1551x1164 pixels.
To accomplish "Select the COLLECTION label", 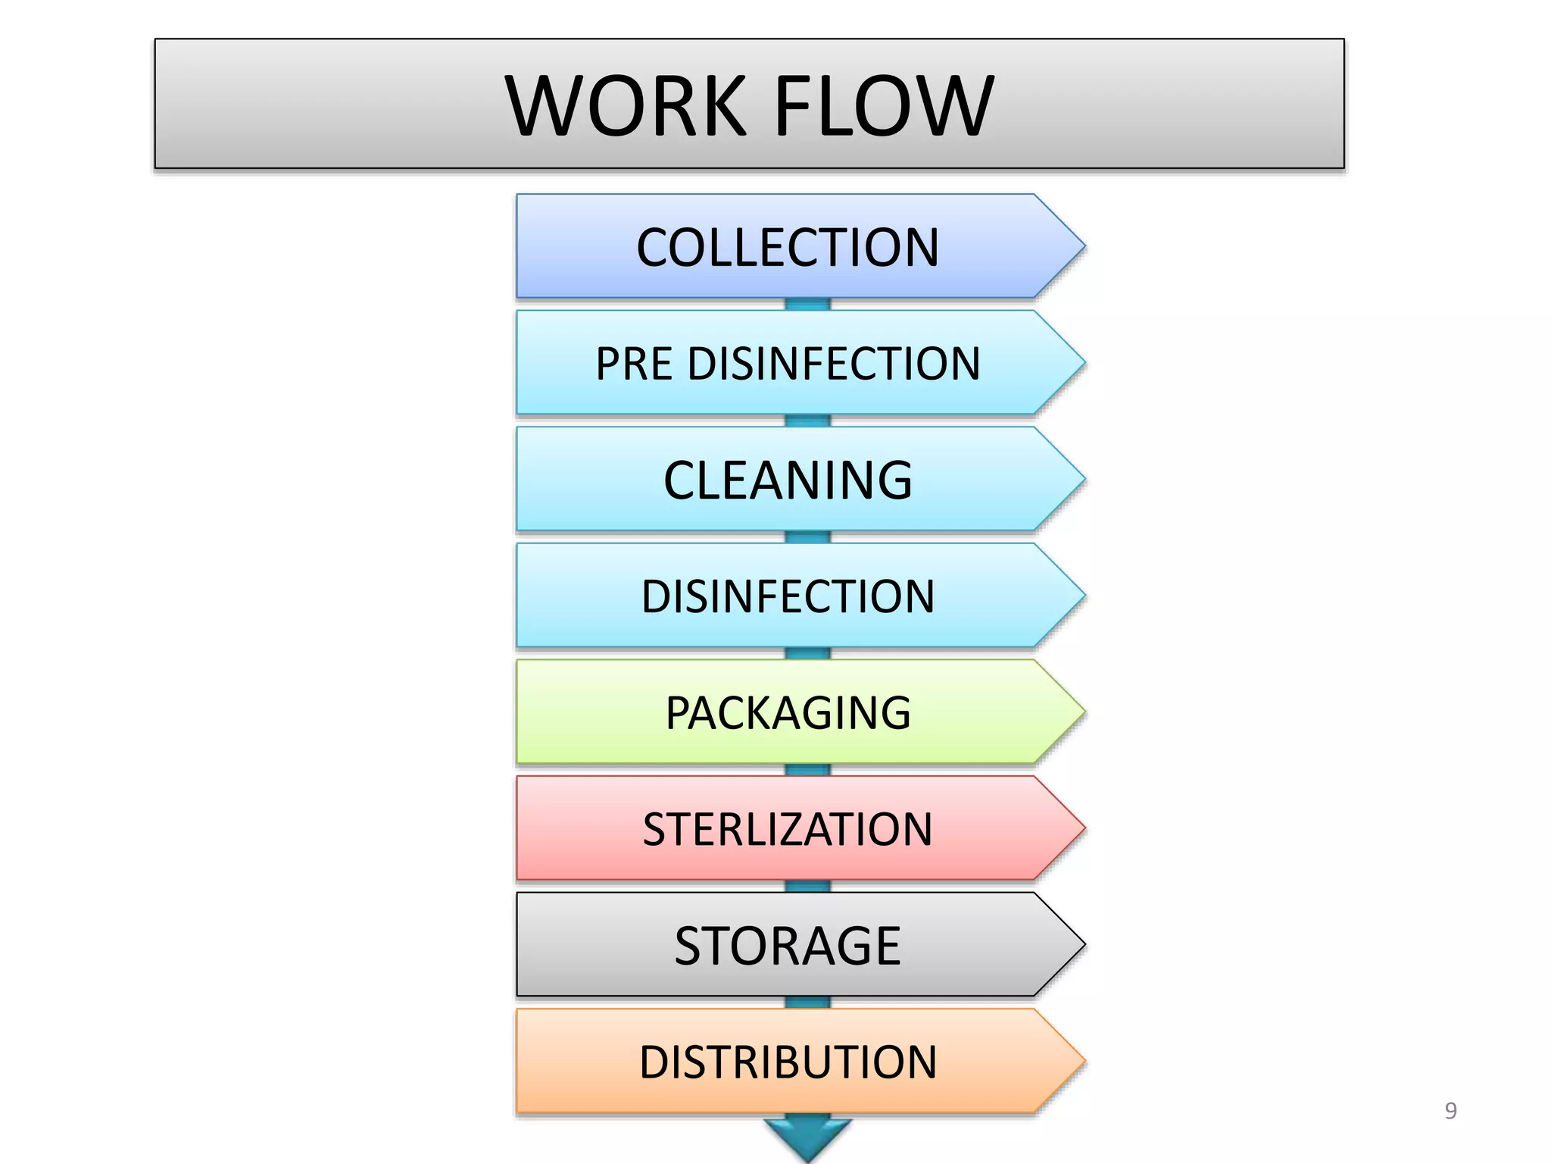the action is pyautogui.click(x=788, y=248).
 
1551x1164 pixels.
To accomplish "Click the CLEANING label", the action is pyautogui.click(x=788, y=480).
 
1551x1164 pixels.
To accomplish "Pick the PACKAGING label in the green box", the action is pyautogui.click(x=788, y=713).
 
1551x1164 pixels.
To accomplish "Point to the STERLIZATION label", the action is pyautogui.click(x=788, y=829).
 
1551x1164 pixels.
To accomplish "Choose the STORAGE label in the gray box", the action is pyautogui.click(x=788, y=946).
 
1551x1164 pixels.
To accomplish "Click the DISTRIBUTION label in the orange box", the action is pyautogui.click(x=788, y=1062).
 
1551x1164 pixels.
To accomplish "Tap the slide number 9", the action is pyautogui.click(x=1450, y=1111).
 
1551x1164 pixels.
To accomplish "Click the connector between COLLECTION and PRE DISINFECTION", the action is pyautogui.click(x=807, y=305).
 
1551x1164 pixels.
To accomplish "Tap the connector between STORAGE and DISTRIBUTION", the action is pyautogui.click(x=807, y=1003).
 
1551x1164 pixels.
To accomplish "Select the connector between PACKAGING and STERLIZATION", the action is pyautogui.click(x=807, y=770).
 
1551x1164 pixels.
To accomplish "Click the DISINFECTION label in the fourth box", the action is pyautogui.click(x=788, y=596).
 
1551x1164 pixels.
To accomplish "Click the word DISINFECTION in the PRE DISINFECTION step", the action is pyautogui.click(x=834, y=364).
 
